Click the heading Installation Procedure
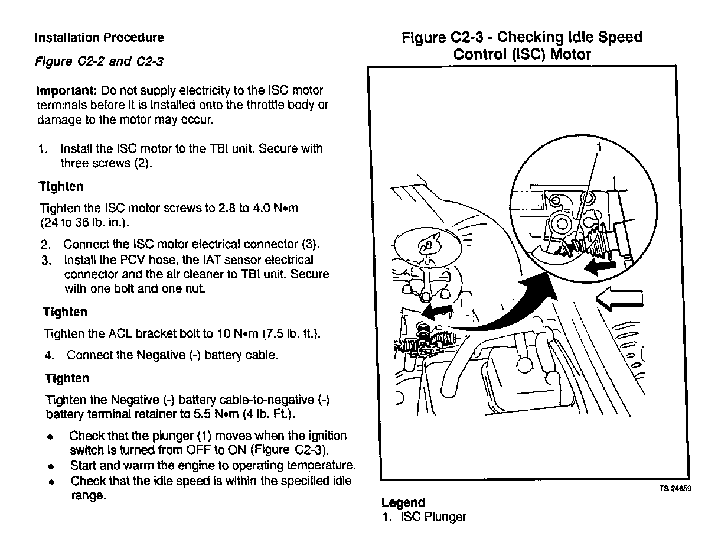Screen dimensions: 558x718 tap(99, 38)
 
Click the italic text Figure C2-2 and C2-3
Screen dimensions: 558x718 tap(99, 61)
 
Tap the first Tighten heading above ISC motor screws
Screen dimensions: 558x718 tap(61, 187)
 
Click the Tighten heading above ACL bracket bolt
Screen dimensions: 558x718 tap(65, 312)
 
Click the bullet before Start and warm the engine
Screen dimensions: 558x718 tap(52, 466)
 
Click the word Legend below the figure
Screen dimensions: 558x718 tap(403, 503)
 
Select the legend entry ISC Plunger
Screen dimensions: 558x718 tap(433, 517)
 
